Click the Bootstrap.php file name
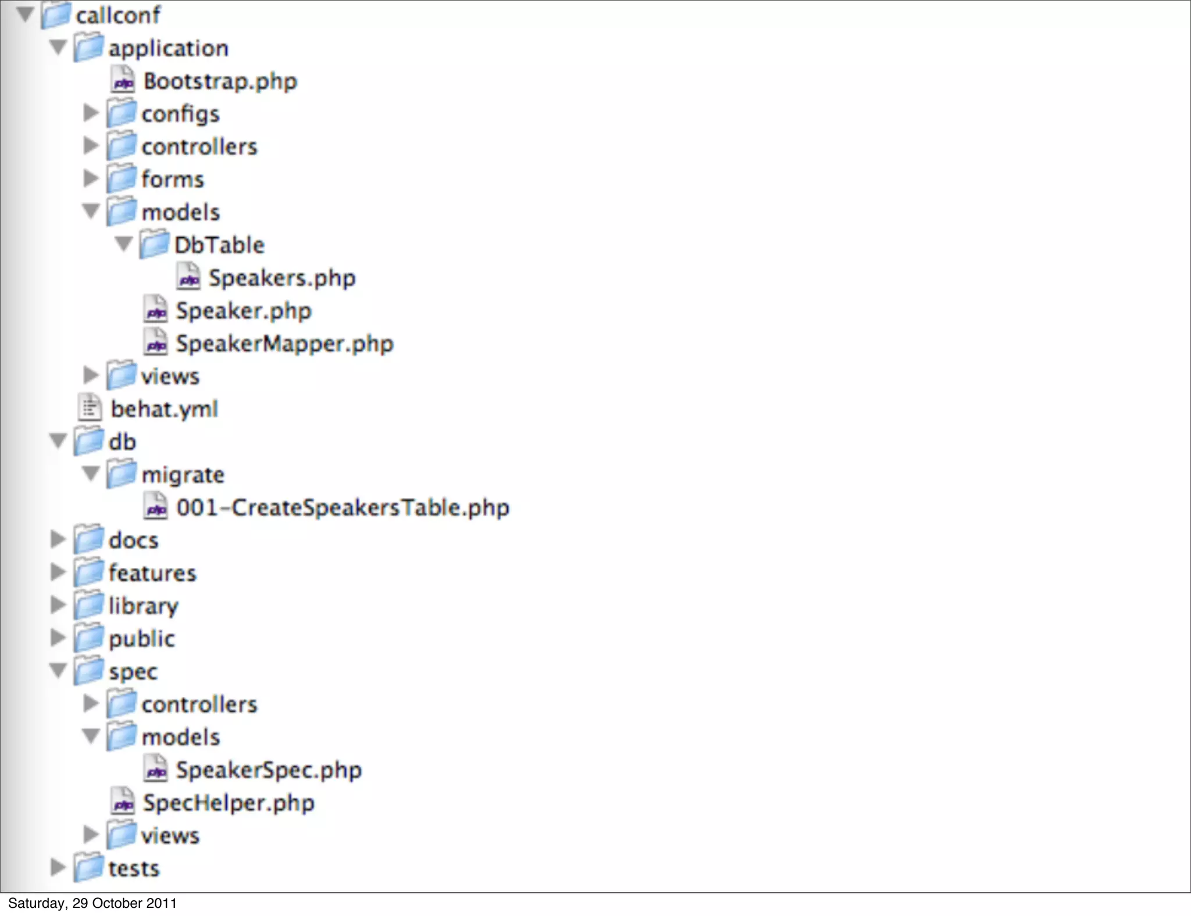[220, 81]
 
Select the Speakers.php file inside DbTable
[281, 278]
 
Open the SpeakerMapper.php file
[284, 344]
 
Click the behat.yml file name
[165, 409]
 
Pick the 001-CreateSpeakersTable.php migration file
[343, 508]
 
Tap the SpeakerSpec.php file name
[269, 770]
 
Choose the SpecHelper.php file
[229, 803]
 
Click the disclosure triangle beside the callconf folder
[25, 14]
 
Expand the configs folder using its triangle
[91, 113]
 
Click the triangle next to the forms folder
[91, 178]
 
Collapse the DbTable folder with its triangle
[123, 244]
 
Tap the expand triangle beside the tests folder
[58, 868]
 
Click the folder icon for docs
[89, 539]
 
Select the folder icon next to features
[89, 572]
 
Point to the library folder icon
[89, 605]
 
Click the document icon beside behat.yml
[90, 408]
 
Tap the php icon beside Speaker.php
[156, 310]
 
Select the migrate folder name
[183, 475]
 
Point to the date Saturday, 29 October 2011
[92, 904]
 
